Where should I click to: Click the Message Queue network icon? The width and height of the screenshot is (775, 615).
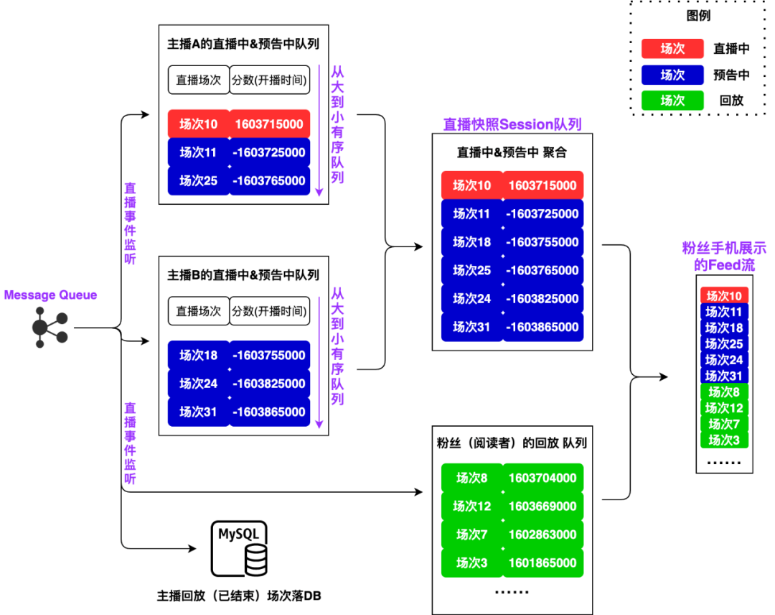[x=50, y=328]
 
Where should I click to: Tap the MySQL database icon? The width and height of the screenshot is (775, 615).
[x=239, y=549]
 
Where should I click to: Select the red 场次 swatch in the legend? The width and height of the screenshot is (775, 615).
[x=672, y=49]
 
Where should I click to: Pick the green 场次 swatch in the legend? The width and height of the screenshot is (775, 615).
[x=672, y=101]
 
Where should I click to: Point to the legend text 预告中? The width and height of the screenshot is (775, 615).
[x=731, y=75]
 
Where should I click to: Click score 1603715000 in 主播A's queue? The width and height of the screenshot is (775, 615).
[x=269, y=124]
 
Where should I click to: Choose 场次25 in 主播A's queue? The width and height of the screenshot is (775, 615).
[x=198, y=181]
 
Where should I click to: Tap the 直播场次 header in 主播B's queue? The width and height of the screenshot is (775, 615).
[x=198, y=311]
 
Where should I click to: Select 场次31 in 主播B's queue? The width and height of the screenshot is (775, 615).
[x=198, y=412]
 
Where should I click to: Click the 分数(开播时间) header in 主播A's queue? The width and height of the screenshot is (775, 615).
[x=270, y=80]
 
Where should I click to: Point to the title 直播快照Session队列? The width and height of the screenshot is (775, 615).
[x=512, y=124]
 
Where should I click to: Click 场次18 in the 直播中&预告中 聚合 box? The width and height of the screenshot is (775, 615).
[x=471, y=242]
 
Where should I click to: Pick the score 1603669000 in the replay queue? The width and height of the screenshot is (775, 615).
[x=542, y=507]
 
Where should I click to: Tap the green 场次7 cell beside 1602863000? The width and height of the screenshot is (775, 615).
[x=471, y=535]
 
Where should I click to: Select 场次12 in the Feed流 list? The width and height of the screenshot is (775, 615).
[x=724, y=408]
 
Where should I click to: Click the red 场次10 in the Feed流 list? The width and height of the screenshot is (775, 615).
[x=724, y=296]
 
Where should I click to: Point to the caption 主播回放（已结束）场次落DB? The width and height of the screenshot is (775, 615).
[x=239, y=596]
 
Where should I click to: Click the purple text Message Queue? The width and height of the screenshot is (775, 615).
[x=50, y=295]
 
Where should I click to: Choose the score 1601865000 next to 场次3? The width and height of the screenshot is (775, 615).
[x=542, y=563]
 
